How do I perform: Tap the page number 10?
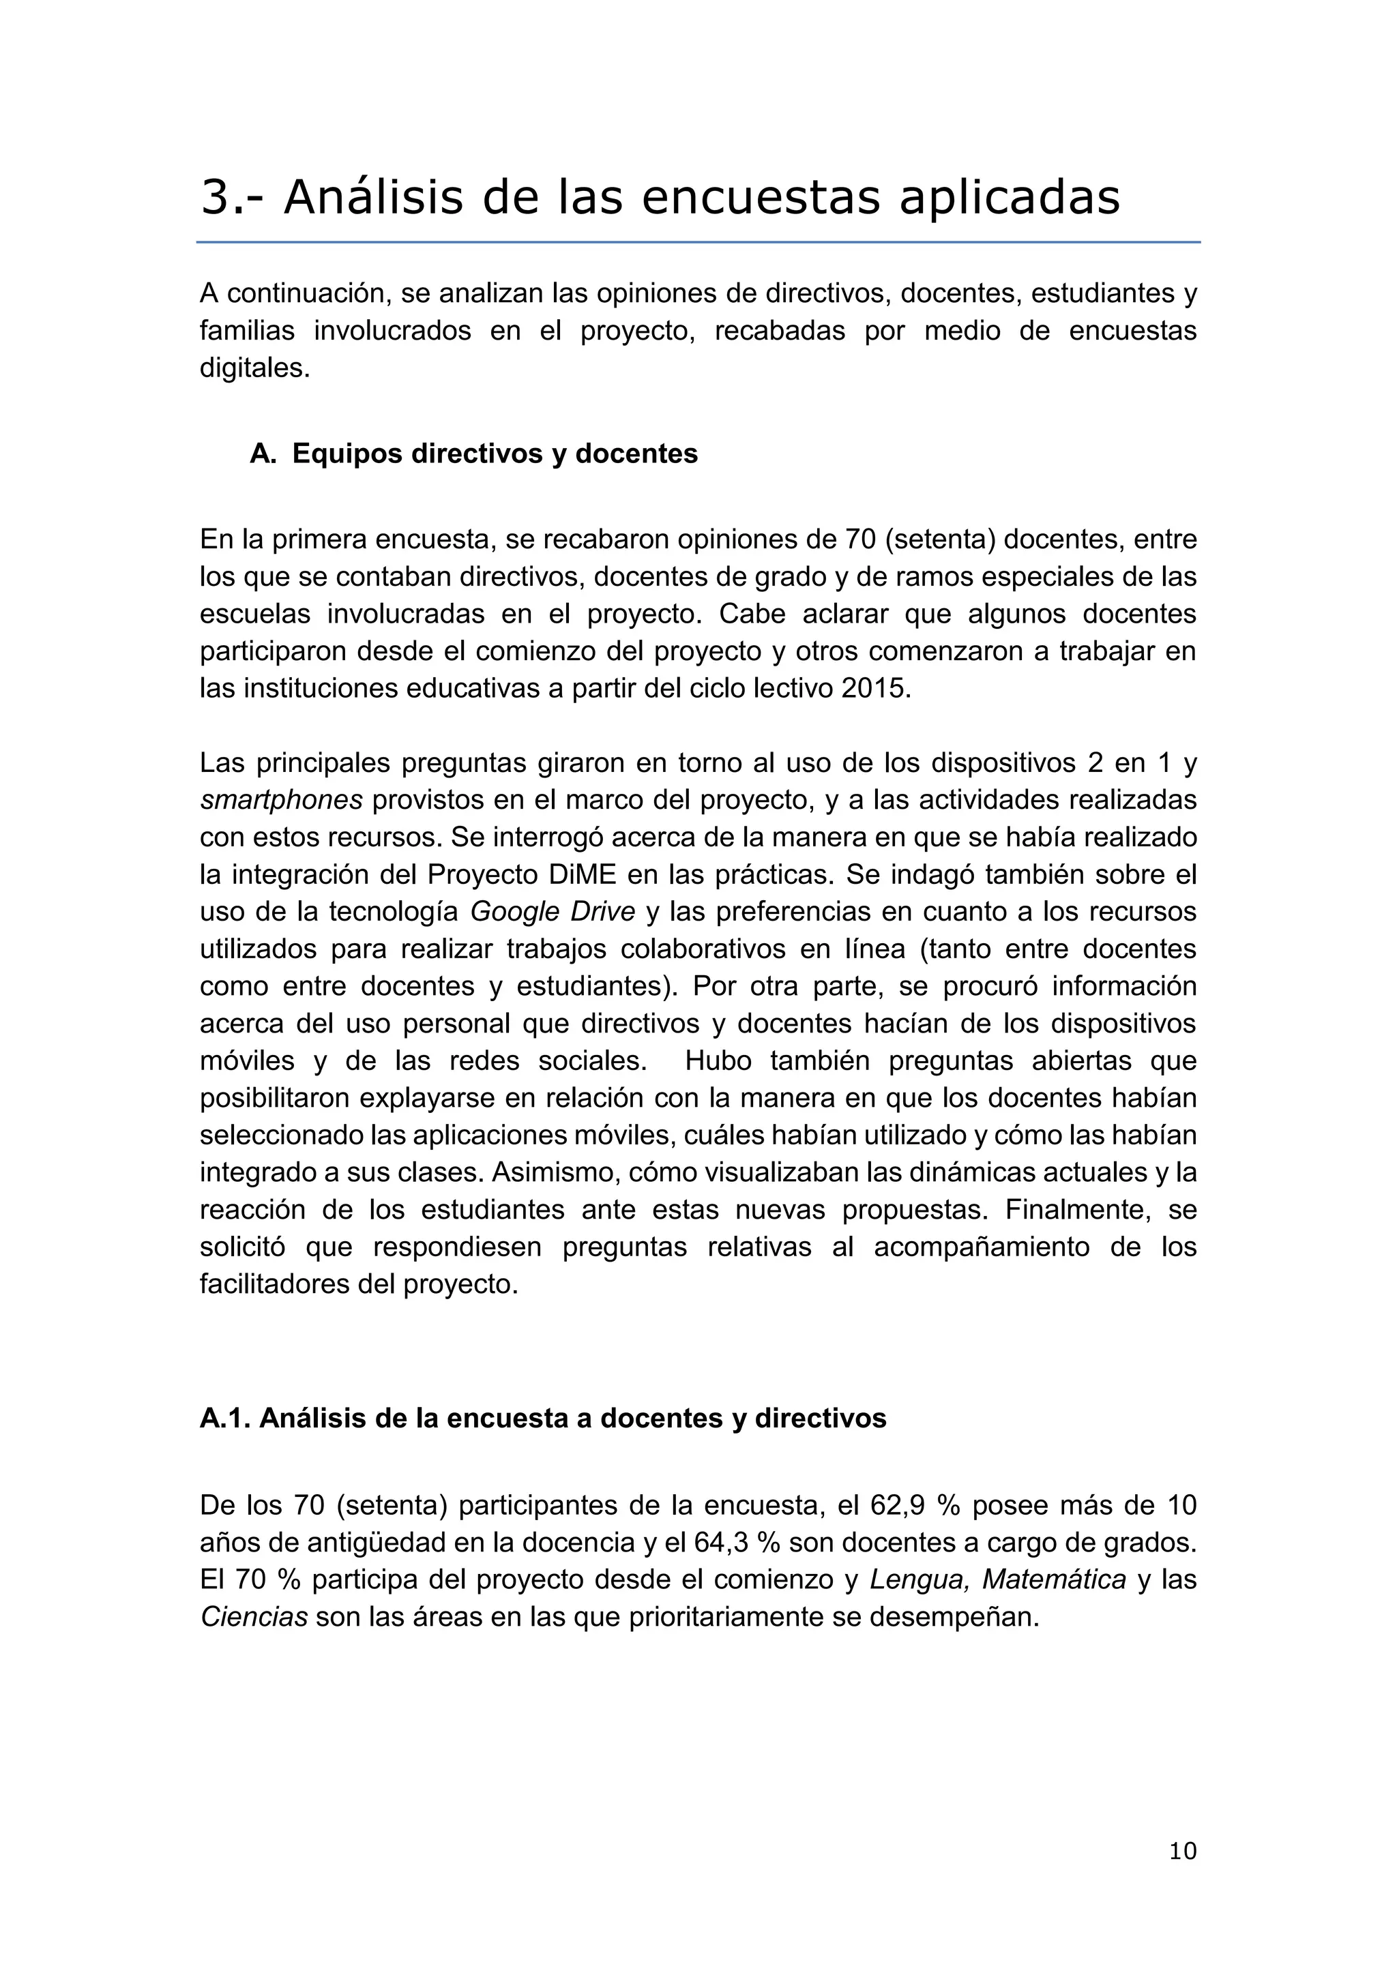coord(1183,1851)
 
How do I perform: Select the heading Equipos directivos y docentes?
coord(495,454)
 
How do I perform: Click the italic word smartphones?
coord(281,800)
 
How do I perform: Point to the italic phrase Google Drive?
coord(553,912)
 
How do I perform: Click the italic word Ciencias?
coord(254,1617)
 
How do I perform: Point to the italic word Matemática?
coord(1054,1579)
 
